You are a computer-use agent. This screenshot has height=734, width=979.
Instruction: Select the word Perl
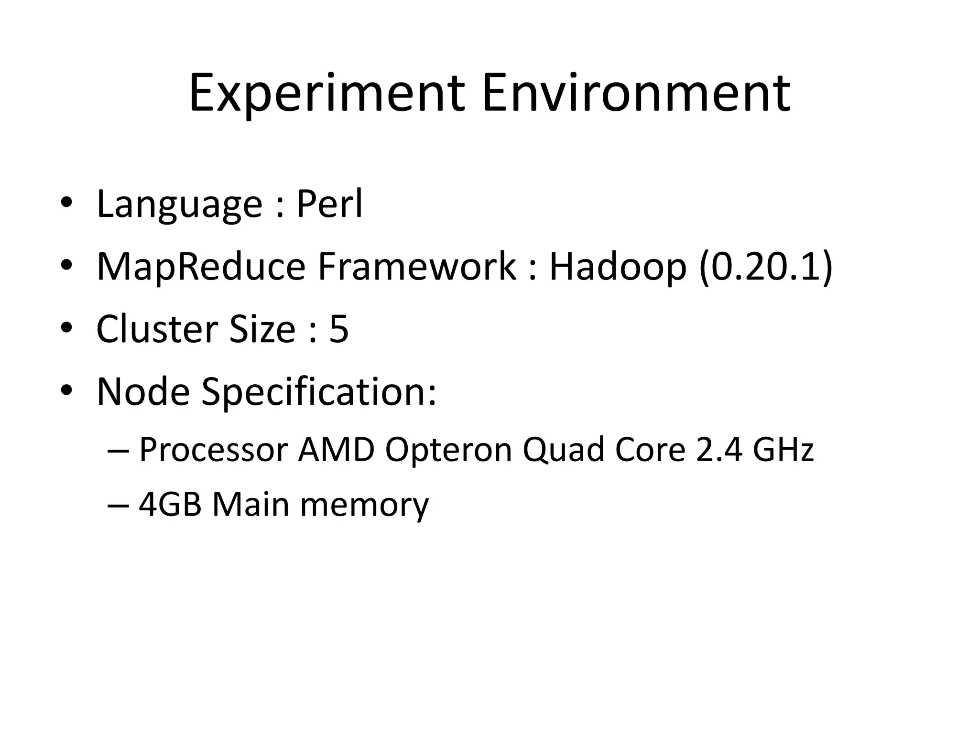coord(329,204)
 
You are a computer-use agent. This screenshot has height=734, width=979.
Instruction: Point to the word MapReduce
coord(201,267)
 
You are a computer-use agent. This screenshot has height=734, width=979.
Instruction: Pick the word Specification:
coord(319,392)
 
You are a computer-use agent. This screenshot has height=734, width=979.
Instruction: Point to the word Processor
coord(213,450)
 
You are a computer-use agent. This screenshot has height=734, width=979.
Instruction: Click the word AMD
coord(336,450)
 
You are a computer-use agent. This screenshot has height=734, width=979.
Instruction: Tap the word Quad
coord(563,450)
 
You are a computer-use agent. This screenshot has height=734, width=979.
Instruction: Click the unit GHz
coord(783,450)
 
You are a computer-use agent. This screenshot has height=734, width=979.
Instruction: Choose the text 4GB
coord(170,505)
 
